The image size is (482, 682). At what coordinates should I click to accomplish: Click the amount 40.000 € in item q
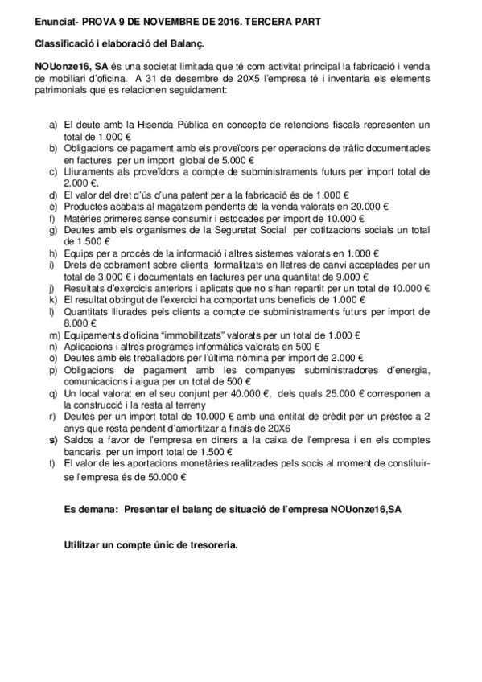[x=242, y=392]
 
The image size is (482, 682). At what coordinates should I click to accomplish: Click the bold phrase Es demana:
[x=91, y=510]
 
